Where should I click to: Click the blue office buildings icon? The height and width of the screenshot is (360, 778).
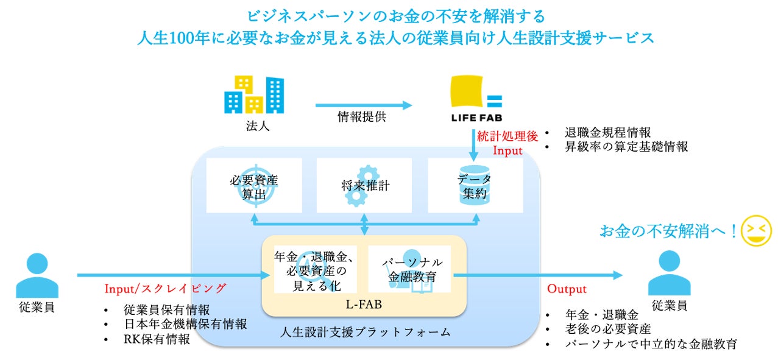tap(254, 95)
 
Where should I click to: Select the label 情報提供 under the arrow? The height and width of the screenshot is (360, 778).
tap(362, 117)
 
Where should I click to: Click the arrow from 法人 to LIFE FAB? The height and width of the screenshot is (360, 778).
tap(364, 105)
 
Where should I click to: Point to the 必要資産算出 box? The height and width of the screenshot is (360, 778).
tap(254, 185)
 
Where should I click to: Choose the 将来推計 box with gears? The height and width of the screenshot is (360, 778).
tap(364, 185)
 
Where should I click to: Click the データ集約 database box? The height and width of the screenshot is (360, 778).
tap(475, 185)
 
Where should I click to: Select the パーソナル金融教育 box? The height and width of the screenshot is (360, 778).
tap(409, 269)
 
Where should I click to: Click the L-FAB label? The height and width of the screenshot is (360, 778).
tap(364, 304)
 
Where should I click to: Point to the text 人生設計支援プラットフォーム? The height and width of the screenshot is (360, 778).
tap(366, 332)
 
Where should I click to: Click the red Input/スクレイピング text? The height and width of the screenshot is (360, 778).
tap(165, 288)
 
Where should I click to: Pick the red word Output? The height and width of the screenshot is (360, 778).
tap(567, 289)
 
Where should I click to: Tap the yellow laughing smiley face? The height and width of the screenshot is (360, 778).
tap(756, 231)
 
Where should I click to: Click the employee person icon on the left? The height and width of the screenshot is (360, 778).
tap(37, 275)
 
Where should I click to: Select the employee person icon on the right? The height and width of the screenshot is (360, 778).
tap(669, 274)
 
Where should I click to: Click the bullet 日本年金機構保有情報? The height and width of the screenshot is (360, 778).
tap(185, 324)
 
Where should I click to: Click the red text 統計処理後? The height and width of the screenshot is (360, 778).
tap(507, 136)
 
